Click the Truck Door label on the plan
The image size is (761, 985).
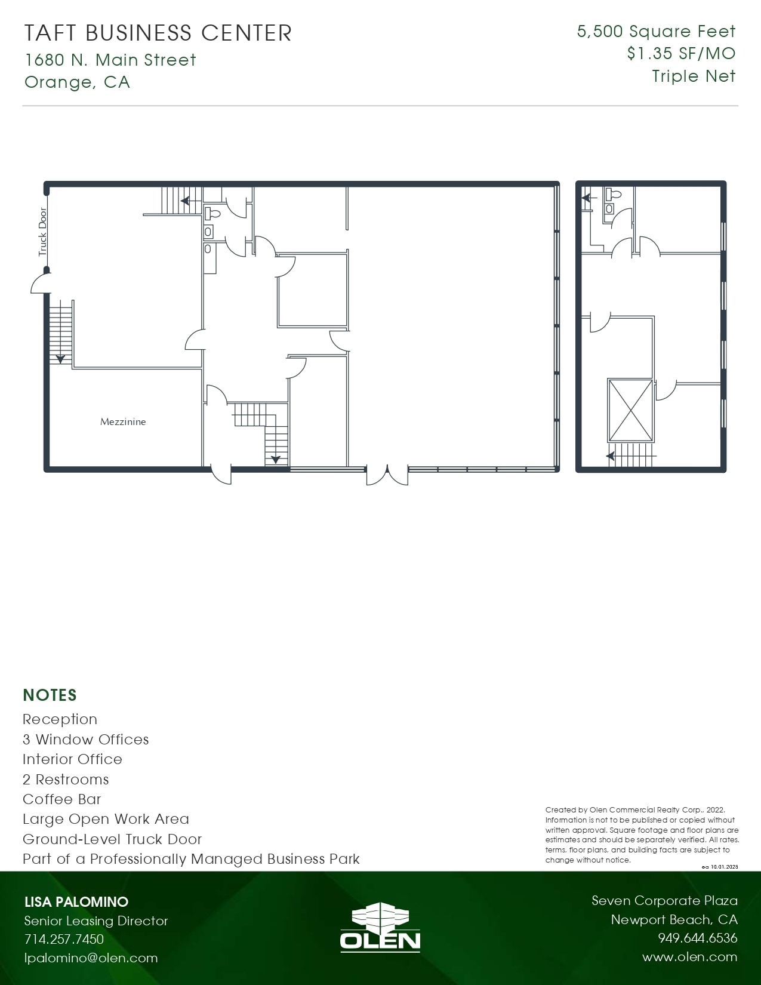(42, 232)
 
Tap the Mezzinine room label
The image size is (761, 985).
(123, 422)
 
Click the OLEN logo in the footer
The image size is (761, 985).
(380, 928)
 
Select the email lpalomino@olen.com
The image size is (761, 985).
(91, 958)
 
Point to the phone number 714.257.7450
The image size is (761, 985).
(64, 939)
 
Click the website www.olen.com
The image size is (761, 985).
(690, 957)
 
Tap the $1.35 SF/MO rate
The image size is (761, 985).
(681, 54)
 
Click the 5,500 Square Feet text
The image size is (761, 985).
(657, 31)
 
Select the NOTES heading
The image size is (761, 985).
(50, 695)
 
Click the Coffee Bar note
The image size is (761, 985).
(61, 799)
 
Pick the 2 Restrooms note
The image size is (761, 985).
(66, 779)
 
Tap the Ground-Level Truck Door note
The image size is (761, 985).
(112, 839)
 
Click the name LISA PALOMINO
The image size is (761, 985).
(76, 901)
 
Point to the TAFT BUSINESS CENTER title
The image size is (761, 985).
(158, 33)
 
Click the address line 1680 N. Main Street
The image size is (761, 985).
(110, 60)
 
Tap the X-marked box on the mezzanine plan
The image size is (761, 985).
(630, 411)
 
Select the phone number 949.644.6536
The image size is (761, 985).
(698, 938)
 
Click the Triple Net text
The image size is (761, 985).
(694, 76)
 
